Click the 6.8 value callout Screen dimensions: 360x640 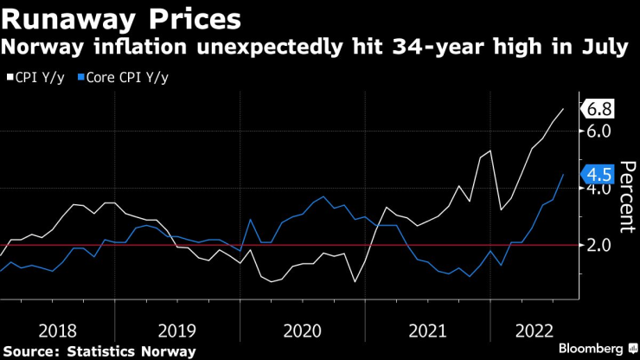[x=599, y=109]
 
